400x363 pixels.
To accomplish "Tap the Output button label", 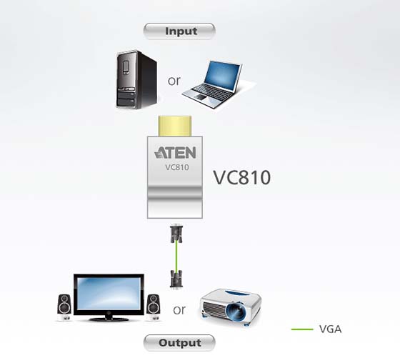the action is pyautogui.click(x=179, y=343).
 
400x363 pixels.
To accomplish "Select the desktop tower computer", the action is pyautogui.click(x=136, y=79).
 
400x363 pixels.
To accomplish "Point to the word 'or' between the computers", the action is pyautogui.click(x=174, y=81).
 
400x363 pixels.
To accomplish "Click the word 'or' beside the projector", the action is pyautogui.click(x=179, y=310).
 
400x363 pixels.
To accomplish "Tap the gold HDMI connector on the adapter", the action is pyautogui.click(x=175, y=126).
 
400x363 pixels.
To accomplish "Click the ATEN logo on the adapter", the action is pyautogui.click(x=175, y=153).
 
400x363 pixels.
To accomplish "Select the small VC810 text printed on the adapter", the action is pyautogui.click(x=177, y=167).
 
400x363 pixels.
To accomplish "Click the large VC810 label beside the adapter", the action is pyautogui.click(x=241, y=177).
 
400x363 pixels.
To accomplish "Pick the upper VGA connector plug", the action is pyautogui.click(x=176, y=233).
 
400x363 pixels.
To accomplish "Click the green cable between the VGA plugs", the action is pyautogui.click(x=176, y=257).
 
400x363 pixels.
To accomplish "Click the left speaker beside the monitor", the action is pyautogui.click(x=64, y=307).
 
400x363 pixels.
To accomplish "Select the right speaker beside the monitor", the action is pyautogui.click(x=154, y=307).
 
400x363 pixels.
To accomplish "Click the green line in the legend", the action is pyautogui.click(x=302, y=329).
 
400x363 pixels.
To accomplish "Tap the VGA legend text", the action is pyautogui.click(x=330, y=329).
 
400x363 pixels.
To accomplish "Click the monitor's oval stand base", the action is pyautogui.click(x=109, y=319).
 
